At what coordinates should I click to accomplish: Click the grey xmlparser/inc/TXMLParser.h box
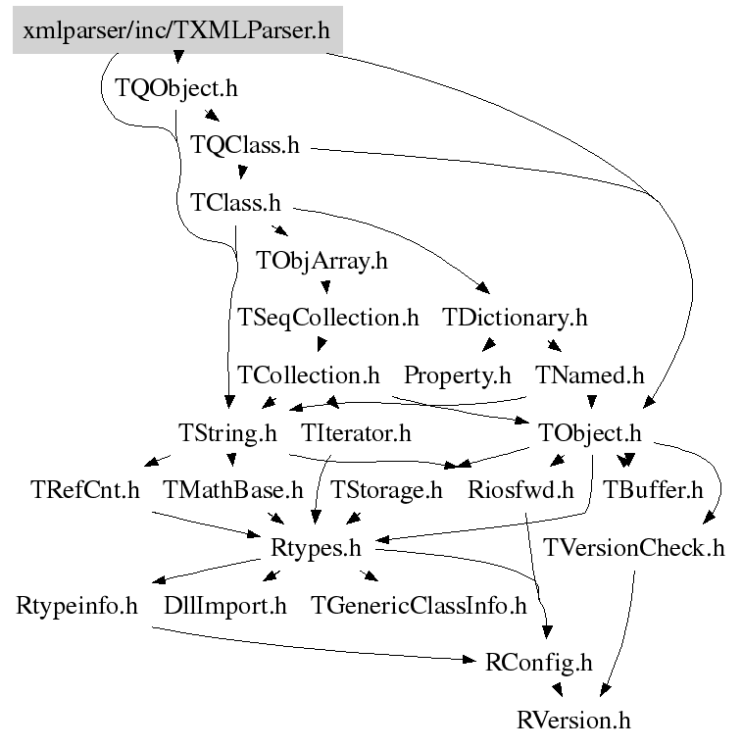(176, 30)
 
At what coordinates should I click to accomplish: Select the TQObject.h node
(176, 88)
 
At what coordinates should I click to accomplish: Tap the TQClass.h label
(244, 146)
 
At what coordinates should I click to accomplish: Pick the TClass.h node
(235, 204)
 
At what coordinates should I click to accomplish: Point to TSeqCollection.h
(328, 318)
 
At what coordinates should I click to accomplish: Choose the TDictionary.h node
(516, 318)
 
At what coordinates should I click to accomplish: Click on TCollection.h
(309, 374)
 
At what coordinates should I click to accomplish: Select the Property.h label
(458, 374)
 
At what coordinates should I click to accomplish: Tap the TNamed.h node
(590, 374)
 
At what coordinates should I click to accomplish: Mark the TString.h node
(227, 432)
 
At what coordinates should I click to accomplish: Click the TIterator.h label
(356, 432)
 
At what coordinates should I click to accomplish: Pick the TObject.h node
(590, 432)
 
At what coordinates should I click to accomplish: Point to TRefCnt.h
(84, 489)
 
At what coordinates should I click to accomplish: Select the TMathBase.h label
(233, 489)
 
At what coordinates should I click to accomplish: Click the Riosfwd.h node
(520, 489)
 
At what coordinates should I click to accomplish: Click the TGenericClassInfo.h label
(419, 605)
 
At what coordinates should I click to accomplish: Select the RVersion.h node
(573, 721)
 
